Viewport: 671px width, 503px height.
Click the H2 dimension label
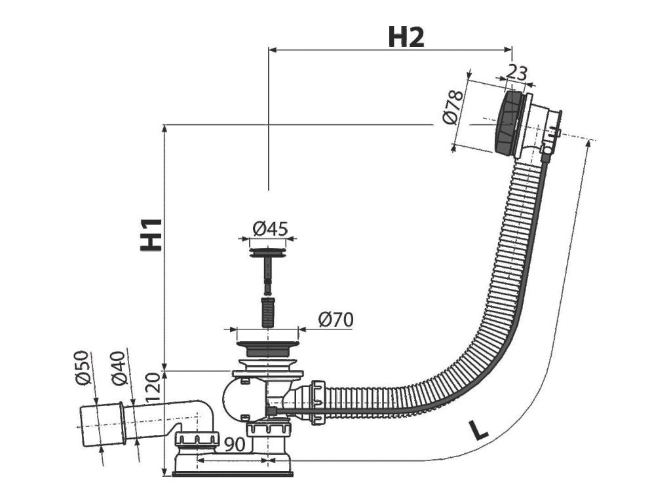(x=406, y=37)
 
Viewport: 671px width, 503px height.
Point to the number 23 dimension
(x=517, y=73)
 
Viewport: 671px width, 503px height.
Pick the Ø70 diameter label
(x=336, y=320)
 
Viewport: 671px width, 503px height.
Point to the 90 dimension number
(x=236, y=444)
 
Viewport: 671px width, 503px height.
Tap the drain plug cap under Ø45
(x=269, y=250)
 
